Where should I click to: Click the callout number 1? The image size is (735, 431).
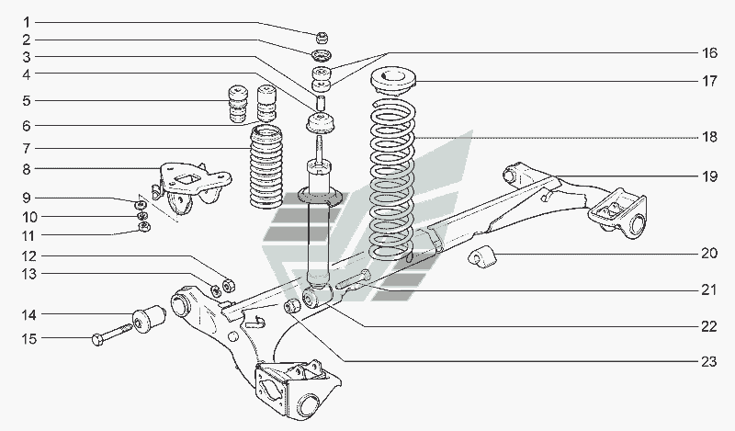click(x=27, y=22)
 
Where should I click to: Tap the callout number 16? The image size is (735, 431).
click(x=709, y=53)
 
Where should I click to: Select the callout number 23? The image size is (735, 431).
click(x=709, y=361)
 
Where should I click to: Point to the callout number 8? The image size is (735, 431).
click(x=27, y=169)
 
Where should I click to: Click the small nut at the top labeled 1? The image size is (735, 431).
click(x=322, y=37)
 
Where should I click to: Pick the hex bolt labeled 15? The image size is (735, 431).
click(x=112, y=334)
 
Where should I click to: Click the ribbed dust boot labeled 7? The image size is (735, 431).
click(x=266, y=167)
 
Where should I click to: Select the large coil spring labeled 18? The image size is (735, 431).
click(x=393, y=179)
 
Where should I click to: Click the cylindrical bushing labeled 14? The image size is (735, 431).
click(x=149, y=318)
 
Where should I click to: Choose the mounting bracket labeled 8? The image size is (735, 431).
click(x=191, y=187)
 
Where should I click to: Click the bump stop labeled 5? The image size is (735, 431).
click(x=238, y=104)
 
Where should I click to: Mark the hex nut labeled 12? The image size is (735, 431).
click(x=228, y=285)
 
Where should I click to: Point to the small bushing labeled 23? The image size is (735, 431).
click(x=293, y=306)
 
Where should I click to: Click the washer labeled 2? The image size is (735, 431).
click(x=321, y=55)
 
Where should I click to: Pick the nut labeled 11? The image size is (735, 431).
click(x=145, y=228)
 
